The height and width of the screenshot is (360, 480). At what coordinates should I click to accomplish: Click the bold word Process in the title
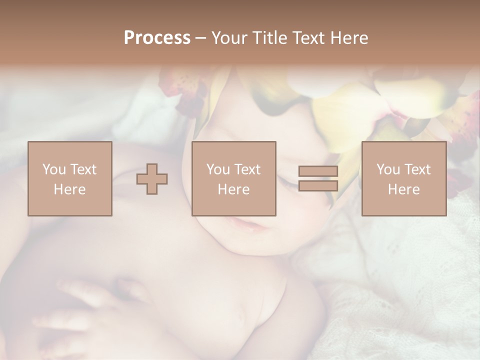click(157, 38)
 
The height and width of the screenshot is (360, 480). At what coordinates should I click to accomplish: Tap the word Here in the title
click(350, 38)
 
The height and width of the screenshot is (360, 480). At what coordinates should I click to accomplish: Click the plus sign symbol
click(152, 179)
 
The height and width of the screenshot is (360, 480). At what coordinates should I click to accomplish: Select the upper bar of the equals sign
click(318, 171)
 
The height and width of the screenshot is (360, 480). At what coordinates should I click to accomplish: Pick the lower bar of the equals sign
click(318, 186)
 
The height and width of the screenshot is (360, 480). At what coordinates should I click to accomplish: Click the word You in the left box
click(54, 169)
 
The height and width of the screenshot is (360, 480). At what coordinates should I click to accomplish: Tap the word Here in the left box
click(69, 189)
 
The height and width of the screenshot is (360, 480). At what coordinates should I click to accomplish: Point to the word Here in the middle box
click(233, 189)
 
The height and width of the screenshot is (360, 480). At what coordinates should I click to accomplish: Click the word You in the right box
click(388, 169)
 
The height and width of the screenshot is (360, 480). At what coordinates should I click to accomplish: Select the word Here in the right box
click(403, 189)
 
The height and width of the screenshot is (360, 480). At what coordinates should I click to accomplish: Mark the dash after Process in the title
click(200, 38)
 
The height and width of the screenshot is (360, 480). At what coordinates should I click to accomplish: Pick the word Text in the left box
click(83, 169)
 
